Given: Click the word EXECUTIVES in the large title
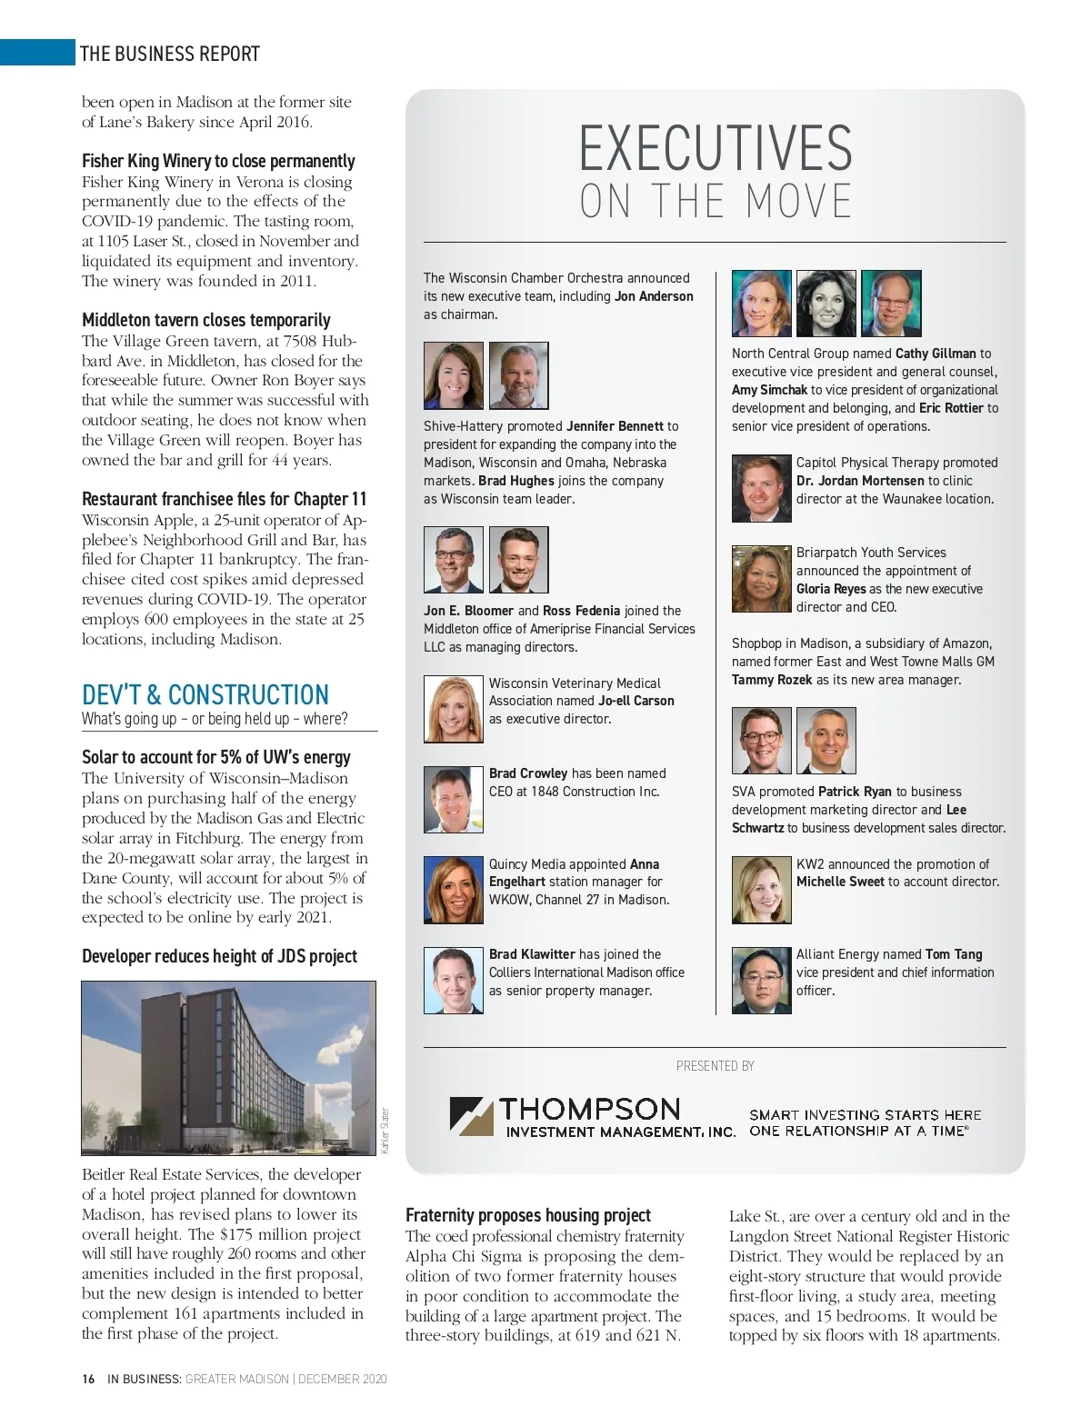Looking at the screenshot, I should [x=716, y=149].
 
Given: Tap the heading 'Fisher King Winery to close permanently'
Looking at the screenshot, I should [x=218, y=161].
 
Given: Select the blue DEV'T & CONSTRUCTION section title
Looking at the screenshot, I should [x=205, y=694].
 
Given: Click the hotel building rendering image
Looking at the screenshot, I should [x=228, y=1068].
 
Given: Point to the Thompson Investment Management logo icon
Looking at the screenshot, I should [x=471, y=1115].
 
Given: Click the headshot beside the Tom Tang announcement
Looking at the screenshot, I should [x=762, y=981].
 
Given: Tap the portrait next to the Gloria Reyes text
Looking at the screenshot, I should [x=762, y=579].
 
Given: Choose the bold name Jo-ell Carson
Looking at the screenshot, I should [x=636, y=701].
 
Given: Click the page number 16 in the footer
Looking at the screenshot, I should [x=88, y=1379].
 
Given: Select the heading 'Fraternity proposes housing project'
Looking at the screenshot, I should [x=528, y=1215].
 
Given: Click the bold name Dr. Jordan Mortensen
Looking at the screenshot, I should [x=860, y=481].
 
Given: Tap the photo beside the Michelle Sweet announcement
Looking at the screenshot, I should [x=762, y=890].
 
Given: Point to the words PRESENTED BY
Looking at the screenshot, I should [x=715, y=1066].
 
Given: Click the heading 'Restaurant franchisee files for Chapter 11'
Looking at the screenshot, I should [x=224, y=499].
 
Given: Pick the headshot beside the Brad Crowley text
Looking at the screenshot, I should [x=453, y=800].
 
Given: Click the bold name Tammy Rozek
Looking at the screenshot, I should [x=772, y=680].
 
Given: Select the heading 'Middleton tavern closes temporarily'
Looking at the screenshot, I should [x=205, y=320].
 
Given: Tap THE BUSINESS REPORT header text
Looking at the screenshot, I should [x=170, y=54].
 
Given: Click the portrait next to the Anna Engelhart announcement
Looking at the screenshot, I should [x=453, y=890].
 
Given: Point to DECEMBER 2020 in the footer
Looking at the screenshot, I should [x=343, y=1379].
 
